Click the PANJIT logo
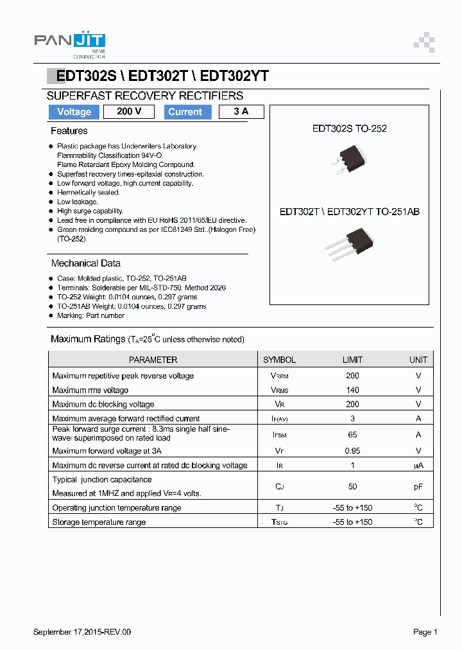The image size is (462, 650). click(69, 42)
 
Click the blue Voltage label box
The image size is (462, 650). click(74, 112)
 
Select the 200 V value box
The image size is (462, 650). click(129, 112)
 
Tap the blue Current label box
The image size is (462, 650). click(185, 112)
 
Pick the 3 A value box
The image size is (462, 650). click(241, 112)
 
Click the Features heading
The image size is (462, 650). click(69, 131)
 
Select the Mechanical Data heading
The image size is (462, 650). click(85, 263)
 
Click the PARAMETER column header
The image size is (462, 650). click(153, 360)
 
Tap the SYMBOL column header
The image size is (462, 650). click(279, 360)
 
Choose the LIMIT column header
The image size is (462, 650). click(352, 360)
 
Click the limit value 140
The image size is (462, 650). click(352, 390)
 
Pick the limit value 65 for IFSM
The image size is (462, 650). click(352, 435)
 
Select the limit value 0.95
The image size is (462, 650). click(352, 451)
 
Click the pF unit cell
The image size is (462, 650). click(418, 487)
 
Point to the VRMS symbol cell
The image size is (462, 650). click(279, 390)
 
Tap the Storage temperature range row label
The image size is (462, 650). click(99, 522)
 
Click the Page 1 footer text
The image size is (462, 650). click(425, 632)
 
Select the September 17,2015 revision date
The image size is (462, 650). click(82, 632)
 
